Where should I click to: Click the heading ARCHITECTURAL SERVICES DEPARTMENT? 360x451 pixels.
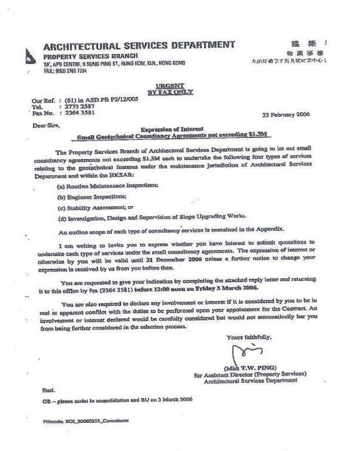(139, 45)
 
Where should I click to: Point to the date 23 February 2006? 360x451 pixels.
(288, 115)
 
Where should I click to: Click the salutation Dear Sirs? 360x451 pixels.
(45, 125)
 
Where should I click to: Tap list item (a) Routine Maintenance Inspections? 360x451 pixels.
(108, 186)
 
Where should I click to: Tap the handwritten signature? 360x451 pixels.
(241, 354)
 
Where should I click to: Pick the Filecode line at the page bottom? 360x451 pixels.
(86, 421)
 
